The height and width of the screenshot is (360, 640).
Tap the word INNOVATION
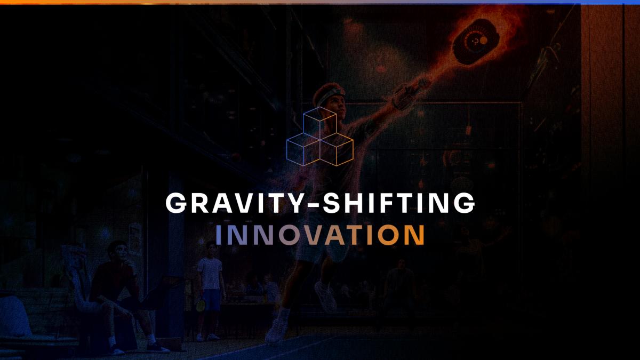coord(320,235)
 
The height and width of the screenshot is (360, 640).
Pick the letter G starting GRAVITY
coord(176,203)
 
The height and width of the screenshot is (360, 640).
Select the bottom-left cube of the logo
coord(303,149)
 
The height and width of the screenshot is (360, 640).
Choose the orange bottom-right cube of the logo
coord(337,149)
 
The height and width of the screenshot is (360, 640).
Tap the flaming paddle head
coord(476,42)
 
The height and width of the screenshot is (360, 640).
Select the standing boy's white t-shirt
coord(210,273)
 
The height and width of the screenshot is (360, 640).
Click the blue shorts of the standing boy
coord(211,300)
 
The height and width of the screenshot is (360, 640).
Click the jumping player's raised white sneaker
coord(326,297)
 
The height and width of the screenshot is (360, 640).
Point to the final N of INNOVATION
coord(414,235)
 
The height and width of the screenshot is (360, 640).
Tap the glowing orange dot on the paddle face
coord(484,41)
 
